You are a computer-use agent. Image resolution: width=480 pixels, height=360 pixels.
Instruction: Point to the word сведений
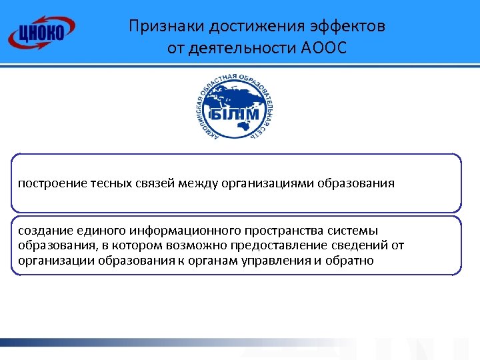(346, 245)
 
